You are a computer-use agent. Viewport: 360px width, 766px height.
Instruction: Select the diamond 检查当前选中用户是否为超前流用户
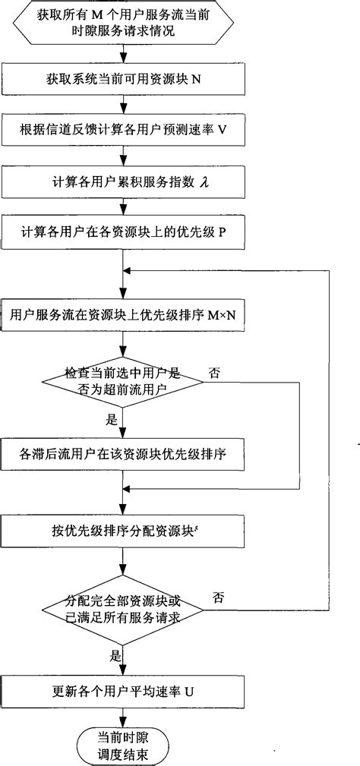[x=122, y=380]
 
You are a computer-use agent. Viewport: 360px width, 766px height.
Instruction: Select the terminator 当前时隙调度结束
[x=122, y=741]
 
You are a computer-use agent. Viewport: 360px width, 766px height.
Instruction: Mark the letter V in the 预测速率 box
[x=222, y=130]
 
